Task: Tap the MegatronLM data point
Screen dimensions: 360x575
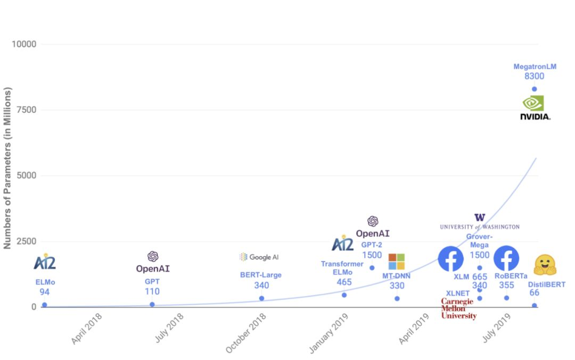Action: coord(534,89)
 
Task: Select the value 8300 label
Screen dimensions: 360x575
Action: coord(534,77)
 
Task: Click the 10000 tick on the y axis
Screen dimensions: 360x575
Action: coord(24,44)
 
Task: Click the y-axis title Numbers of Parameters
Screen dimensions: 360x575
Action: coord(7,168)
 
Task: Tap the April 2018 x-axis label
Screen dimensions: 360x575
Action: coord(86,328)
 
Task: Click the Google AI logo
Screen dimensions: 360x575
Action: coord(259,257)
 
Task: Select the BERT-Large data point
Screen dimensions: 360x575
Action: coord(261,298)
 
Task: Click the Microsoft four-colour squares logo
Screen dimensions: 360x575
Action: coord(396,261)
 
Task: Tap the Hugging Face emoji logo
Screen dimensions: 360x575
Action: coord(545,265)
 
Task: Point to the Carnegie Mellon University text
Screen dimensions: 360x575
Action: coord(458,308)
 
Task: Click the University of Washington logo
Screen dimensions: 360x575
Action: coord(480,222)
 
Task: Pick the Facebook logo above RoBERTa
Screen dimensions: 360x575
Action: coord(506,258)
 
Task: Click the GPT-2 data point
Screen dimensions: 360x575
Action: coord(372,268)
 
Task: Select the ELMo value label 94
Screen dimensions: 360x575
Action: coord(44,292)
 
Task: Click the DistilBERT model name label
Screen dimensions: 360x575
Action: coord(546,285)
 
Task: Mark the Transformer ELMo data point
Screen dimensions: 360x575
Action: coord(344,295)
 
